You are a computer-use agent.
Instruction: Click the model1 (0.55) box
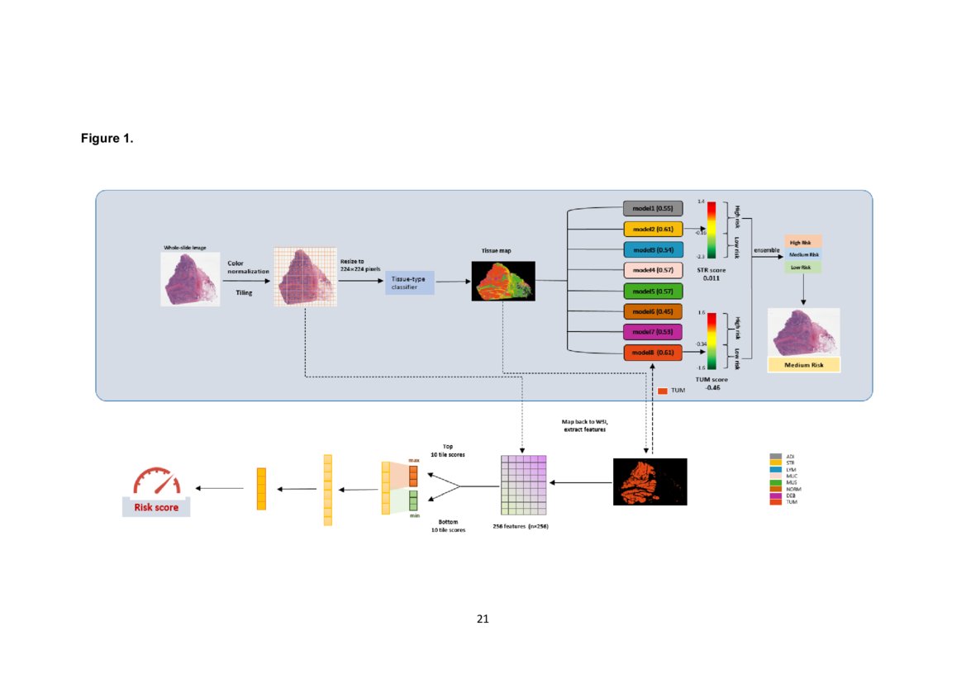pyautogui.click(x=653, y=208)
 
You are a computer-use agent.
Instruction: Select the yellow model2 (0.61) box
pyautogui.click(x=653, y=229)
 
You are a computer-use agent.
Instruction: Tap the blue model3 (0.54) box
pyautogui.click(x=653, y=249)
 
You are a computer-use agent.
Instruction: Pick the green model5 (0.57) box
pyautogui.click(x=653, y=291)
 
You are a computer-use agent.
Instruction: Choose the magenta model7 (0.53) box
pyautogui.click(x=653, y=332)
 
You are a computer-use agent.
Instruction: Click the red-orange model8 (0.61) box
pyautogui.click(x=653, y=353)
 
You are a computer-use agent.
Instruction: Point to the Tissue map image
pyautogui.click(x=503, y=281)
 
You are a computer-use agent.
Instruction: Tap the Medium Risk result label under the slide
pyautogui.click(x=803, y=364)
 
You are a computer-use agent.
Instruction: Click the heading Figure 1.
pyautogui.click(x=107, y=139)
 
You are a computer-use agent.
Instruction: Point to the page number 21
pyautogui.click(x=483, y=618)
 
